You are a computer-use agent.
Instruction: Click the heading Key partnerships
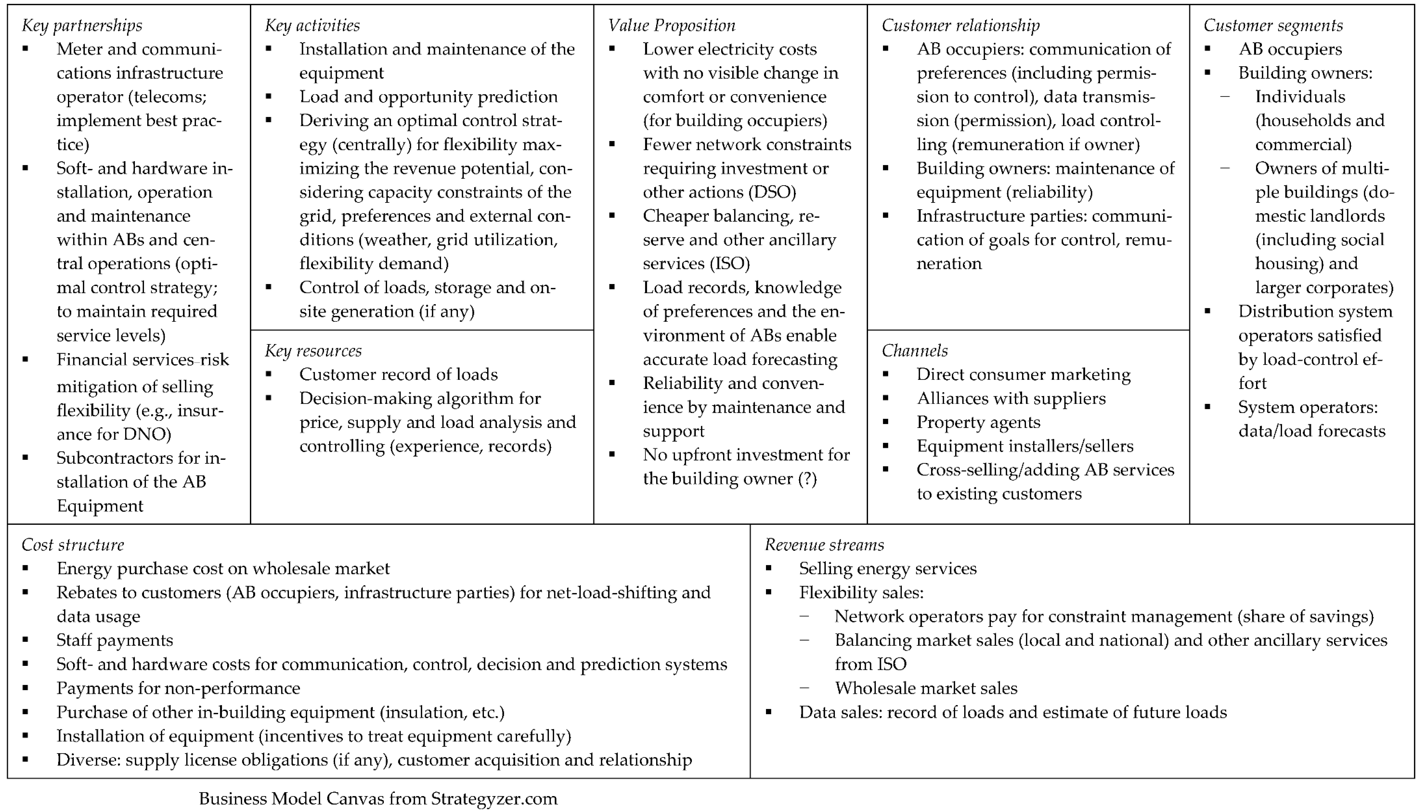(82, 25)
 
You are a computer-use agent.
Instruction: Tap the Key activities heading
(312, 25)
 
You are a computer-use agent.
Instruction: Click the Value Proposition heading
(671, 25)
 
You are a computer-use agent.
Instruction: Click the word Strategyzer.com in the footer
(494, 799)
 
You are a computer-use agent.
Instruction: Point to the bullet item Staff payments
(115, 640)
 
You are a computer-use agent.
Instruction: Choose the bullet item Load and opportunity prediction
(428, 97)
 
